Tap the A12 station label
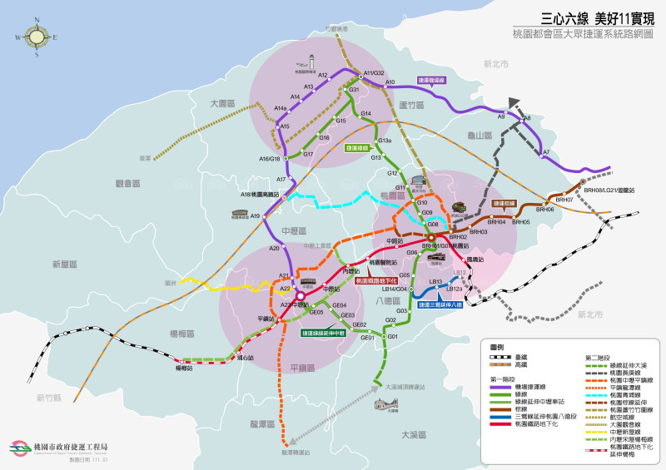click(323, 76)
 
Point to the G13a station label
click(385, 141)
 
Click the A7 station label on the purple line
click(546, 152)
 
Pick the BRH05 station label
click(521, 222)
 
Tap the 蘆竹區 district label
click(411, 105)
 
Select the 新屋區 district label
click(64, 264)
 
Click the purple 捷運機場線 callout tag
click(431, 81)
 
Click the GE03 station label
click(347, 315)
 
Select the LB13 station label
click(435, 281)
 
